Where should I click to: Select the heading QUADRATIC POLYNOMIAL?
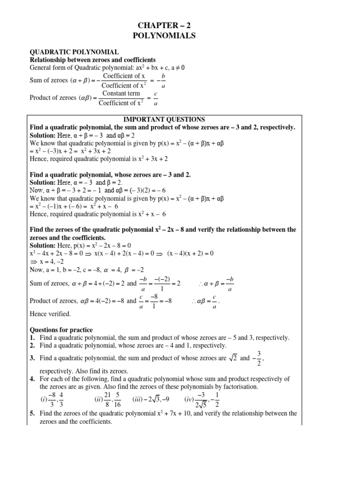(74, 52)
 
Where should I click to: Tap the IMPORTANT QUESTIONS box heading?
(164, 120)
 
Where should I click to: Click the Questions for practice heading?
(61, 330)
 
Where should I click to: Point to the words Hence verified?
(50, 314)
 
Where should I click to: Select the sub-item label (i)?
(45, 399)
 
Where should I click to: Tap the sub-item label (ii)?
(98, 399)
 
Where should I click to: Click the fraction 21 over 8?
(108, 399)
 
